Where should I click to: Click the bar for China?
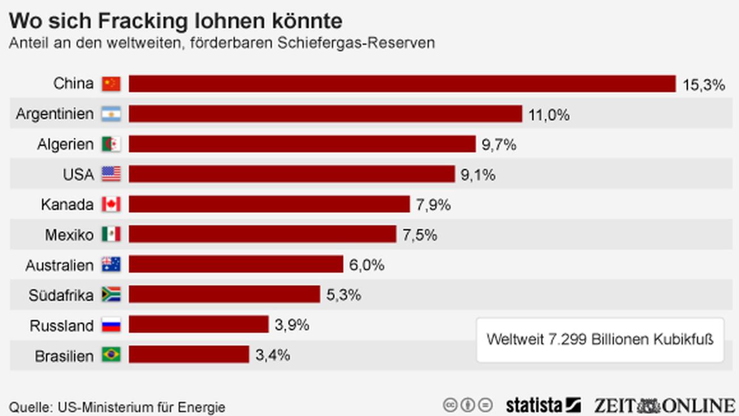402,84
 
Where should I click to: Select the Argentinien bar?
325,114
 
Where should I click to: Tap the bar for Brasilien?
189,355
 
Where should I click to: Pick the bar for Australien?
236,265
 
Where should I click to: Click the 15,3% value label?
704,85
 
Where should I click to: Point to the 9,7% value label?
499,145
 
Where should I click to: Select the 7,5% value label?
420,235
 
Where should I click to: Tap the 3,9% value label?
292,325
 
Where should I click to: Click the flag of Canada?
111,204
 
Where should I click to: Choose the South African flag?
111,294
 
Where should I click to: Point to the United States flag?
111,174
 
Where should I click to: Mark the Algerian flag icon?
111,144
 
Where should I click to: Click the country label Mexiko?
69,234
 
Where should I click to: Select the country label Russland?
61,326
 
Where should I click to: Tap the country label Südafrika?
61,295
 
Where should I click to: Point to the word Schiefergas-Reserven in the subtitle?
356,43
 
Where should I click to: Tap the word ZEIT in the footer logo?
615,405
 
